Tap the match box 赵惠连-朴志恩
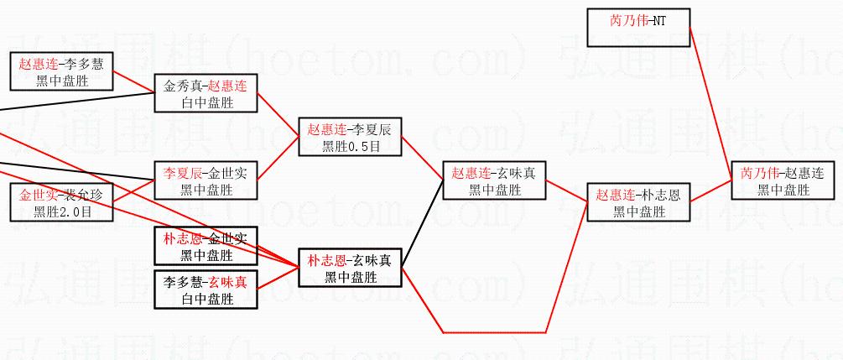pyautogui.click(x=638, y=202)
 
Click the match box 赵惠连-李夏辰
pyautogui.click(x=350, y=138)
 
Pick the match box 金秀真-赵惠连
pyautogui.click(x=206, y=94)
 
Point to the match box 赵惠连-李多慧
pyautogui.click(x=61, y=71)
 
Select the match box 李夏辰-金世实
pyautogui.click(x=206, y=181)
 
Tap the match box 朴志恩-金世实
pyautogui.click(x=206, y=247)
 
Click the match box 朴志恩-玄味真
pyautogui.click(x=350, y=268)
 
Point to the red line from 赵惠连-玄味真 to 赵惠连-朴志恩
pyautogui.click(x=566, y=191)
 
